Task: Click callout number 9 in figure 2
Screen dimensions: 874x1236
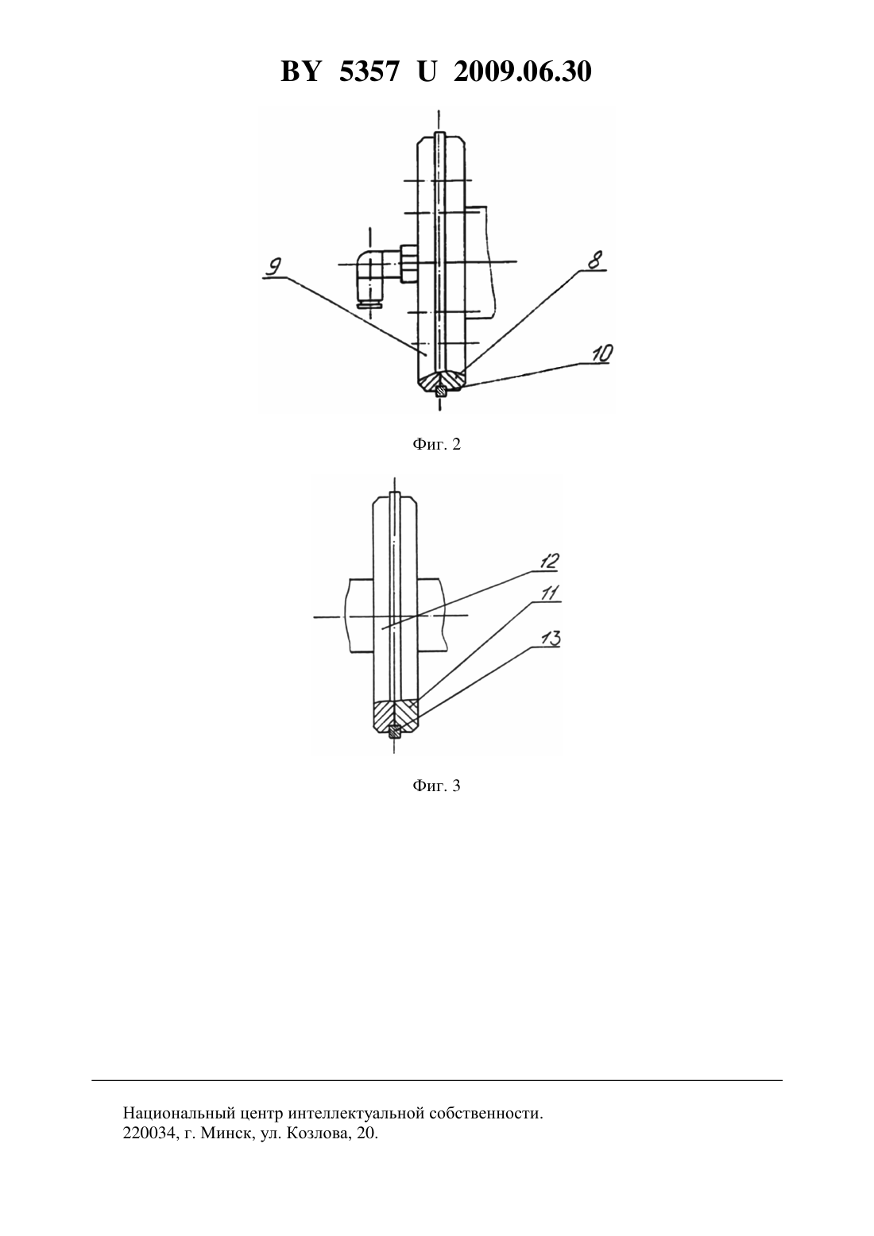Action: pyautogui.click(x=273, y=268)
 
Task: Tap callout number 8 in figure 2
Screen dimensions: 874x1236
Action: pyautogui.click(x=595, y=260)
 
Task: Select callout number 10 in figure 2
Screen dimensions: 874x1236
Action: pyautogui.click(x=601, y=353)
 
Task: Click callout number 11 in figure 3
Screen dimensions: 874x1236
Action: pyautogui.click(x=550, y=593)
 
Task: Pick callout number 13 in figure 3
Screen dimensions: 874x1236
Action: pyautogui.click(x=551, y=639)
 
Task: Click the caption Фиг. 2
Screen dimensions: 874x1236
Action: pyautogui.click(x=436, y=444)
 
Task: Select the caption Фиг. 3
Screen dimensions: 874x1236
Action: pyautogui.click(x=436, y=785)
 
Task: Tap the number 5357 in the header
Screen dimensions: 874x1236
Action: pyautogui.click(x=369, y=71)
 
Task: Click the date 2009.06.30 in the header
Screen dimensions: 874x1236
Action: pyautogui.click(x=523, y=71)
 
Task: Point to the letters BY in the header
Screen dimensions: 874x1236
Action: pyautogui.click(x=300, y=71)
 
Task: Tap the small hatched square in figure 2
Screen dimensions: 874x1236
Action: pyautogui.click(x=440, y=392)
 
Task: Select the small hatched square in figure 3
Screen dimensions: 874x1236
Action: pyautogui.click(x=394, y=732)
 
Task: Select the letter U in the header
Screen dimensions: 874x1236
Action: pyautogui.click(x=427, y=71)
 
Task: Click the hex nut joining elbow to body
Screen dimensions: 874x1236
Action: pyautogui.click(x=408, y=264)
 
